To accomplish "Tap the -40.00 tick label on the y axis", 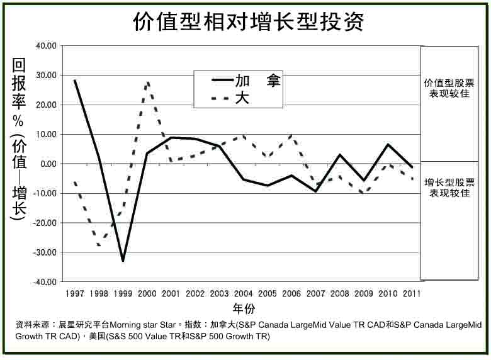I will click(x=46, y=282).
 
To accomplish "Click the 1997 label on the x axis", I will click(x=75, y=294).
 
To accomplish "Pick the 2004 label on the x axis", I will click(x=244, y=294).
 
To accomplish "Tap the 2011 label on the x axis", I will click(x=412, y=294).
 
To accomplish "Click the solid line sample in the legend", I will click(x=222, y=81).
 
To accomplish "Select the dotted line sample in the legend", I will click(x=222, y=99).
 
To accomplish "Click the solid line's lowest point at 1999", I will click(x=123, y=261).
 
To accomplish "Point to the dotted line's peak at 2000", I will click(x=147, y=82).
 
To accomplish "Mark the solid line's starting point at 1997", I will click(x=75, y=81).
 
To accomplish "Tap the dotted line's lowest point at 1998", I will click(x=99, y=245).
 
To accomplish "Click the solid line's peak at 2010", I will click(x=388, y=145).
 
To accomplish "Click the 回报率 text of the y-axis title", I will click(x=18, y=86).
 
